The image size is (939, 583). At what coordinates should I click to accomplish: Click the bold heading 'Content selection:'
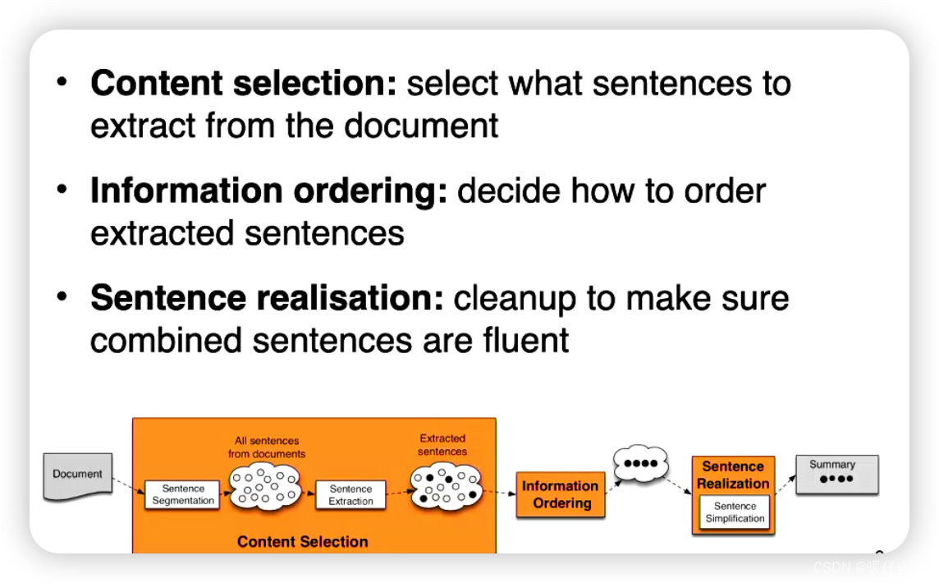pos(244,84)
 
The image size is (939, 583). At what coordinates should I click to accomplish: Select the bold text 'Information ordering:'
pos(269,191)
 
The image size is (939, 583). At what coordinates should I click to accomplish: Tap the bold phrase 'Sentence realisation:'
pos(267,299)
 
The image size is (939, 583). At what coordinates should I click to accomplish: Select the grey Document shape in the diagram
pos(77,475)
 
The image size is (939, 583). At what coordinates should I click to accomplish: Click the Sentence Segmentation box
pos(183,494)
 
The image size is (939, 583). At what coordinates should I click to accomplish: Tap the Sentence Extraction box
pos(350,494)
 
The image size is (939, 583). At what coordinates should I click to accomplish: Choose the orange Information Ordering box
pos(561,494)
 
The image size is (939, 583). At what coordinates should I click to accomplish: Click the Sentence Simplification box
pos(735,512)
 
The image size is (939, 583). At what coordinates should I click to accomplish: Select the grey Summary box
pos(836,475)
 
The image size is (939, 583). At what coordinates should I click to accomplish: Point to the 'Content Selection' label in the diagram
pos(302,541)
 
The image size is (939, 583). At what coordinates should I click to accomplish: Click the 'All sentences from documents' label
pos(267,448)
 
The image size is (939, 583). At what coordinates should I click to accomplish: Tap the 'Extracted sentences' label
pos(442,445)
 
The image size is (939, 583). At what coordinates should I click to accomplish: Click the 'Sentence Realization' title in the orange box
pos(733,475)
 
